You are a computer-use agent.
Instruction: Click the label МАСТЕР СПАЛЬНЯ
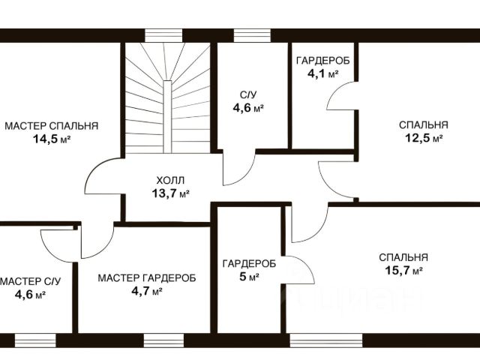pos(52,125)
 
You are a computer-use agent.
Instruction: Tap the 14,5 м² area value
pos(52,139)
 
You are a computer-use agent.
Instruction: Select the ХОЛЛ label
pos(170,181)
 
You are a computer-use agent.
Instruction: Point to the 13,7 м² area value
pos(170,193)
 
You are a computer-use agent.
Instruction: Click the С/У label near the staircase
pos(248,94)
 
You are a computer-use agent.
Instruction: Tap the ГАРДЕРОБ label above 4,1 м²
pos(322,60)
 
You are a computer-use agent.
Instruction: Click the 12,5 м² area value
pos(423,138)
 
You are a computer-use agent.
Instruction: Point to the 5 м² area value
pos(249,277)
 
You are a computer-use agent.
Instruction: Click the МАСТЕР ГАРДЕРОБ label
pos(147,277)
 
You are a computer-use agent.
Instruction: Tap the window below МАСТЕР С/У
pos(35,338)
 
